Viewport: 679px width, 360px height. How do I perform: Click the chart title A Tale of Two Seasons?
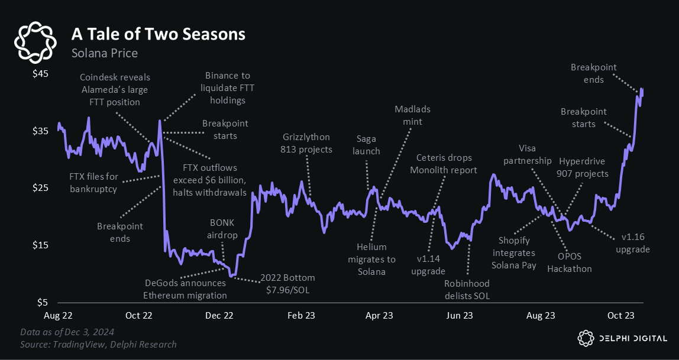[158, 34]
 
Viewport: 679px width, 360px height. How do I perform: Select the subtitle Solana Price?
[104, 53]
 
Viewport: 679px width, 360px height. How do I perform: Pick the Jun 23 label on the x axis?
[459, 316]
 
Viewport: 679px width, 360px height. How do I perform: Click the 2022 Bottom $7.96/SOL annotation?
[289, 283]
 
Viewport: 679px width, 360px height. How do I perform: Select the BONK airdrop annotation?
[224, 229]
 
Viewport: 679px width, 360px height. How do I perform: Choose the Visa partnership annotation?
[526, 155]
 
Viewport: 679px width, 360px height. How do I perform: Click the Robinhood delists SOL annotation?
[467, 289]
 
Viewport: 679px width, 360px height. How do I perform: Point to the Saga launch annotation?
[368, 145]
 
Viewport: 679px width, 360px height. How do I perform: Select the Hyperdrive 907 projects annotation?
[583, 167]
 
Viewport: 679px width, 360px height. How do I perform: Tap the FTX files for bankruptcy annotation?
[94, 182]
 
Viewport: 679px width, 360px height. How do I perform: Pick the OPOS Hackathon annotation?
[569, 262]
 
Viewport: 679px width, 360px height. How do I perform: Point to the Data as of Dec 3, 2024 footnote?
[67, 332]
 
